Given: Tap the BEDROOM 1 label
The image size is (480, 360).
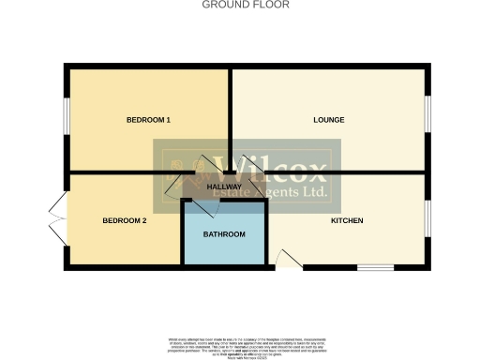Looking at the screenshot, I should pos(148,120).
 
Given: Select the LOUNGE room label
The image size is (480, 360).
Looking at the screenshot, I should pos(329,120).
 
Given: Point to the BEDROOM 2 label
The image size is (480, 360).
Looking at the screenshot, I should pos(125,220).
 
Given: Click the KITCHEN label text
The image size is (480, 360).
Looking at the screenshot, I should pos(346,220).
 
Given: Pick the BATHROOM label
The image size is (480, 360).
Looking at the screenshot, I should pos(224,234).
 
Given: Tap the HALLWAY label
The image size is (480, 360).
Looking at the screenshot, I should pos(224,187).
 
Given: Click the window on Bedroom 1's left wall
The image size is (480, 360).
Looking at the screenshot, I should pos(66,120).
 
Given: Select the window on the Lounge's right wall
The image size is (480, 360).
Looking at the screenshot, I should pos(427,120).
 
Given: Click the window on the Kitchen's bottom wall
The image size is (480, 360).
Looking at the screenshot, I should pos(375,268).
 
